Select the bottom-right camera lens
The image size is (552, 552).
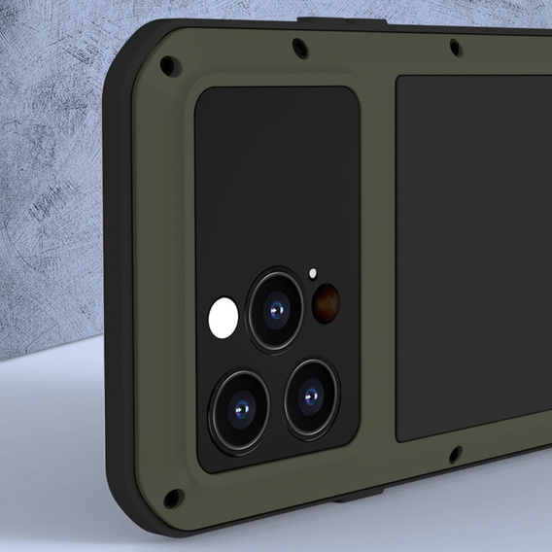311,396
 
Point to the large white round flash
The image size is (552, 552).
224,318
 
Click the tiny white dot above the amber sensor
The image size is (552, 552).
313,274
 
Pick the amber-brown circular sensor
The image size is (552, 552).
325,303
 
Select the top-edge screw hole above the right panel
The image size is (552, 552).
454,46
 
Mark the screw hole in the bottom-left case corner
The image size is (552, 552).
173,498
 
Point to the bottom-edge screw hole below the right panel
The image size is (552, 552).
453,454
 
